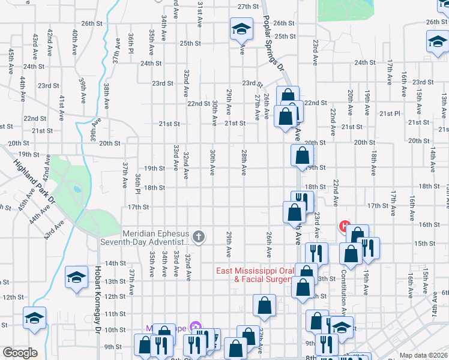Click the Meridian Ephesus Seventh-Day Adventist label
click(156, 238)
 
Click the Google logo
click(20, 353)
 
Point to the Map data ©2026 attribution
click(424, 355)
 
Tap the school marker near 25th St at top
click(241, 28)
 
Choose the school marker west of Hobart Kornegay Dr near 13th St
click(76, 277)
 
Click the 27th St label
click(247, 7)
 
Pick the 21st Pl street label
click(389, 113)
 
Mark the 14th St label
click(115, 263)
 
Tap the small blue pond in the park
click(77, 189)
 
